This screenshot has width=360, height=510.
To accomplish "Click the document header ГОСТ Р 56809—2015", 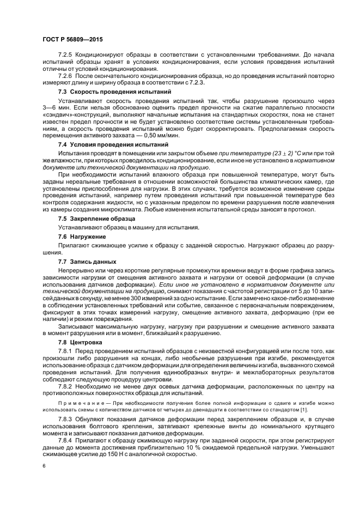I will (72, 40).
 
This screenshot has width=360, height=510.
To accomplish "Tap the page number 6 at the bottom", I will (44, 466).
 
